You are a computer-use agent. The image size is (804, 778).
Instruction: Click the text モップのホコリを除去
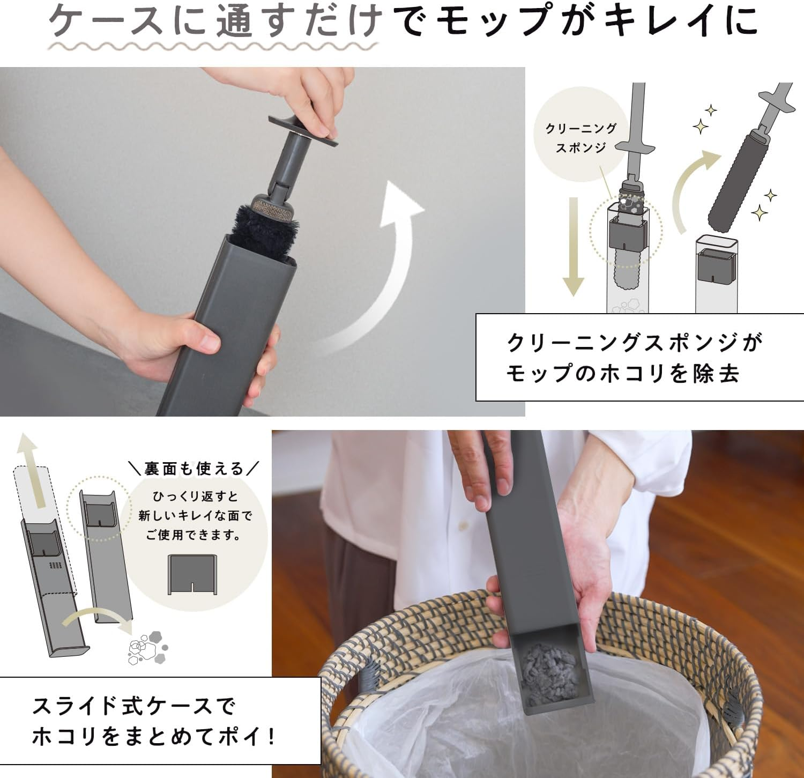tap(622, 373)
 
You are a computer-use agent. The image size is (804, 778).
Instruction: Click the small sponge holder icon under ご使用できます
tap(192, 574)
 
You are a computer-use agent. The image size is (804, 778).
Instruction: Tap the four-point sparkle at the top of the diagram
tap(711, 111)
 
